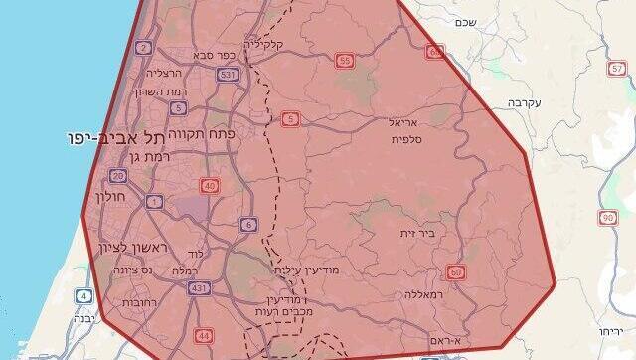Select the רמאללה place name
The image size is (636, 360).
click(x=427, y=294)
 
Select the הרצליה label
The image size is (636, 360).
click(x=166, y=73)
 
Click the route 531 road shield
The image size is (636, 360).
click(x=228, y=74)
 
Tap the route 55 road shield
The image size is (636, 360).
click(x=346, y=61)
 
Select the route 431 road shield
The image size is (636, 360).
click(x=198, y=288)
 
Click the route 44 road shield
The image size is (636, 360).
click(x=204, y=335)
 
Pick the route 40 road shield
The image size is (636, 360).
click(x=209, y=185)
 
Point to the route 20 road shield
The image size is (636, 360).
click(x=118, y=176)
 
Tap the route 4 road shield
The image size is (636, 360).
click(x=84, y=295)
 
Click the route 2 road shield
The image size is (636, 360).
click(x=144, y=47)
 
